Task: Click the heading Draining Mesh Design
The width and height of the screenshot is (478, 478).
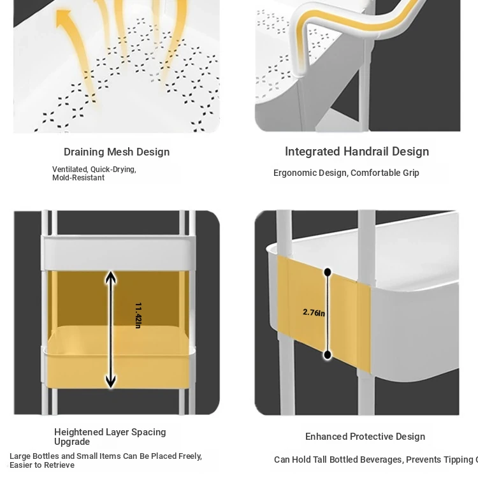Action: (117, 152)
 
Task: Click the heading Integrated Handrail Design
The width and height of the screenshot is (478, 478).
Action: (357, 152)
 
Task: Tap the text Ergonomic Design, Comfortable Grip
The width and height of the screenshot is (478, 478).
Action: (346, 173)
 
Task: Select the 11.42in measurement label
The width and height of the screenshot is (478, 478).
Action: (138, 315)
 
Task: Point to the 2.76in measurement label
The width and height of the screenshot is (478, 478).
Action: (314, 312)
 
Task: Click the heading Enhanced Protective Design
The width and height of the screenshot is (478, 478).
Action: (365, 437)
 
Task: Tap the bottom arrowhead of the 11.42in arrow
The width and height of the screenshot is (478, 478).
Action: (111, 381)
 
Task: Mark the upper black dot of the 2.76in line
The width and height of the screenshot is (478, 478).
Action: (328, 272)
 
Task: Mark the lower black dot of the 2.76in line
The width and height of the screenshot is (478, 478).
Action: (328, 355)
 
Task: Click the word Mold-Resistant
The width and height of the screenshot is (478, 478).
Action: (78, 178)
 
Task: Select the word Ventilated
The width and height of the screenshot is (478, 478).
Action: (69, 170)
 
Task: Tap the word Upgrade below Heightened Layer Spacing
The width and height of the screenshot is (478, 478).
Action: (72, 442)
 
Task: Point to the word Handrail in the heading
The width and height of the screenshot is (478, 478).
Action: (368, 152)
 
